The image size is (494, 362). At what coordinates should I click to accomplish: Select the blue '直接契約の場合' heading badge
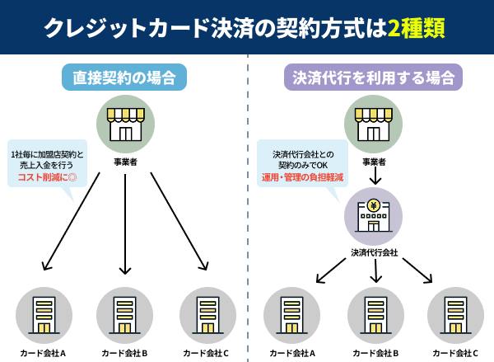click(125, 78)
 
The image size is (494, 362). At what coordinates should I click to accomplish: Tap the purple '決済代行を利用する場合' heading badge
click(374, 78)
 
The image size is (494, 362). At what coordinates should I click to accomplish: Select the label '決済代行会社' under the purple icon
click(374, 252)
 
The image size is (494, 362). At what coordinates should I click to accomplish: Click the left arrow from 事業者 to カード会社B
click(125, 223)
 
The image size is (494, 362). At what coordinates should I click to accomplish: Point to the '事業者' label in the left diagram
click(125, 162)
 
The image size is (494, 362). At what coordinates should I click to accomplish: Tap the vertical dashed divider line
click(248, 206)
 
